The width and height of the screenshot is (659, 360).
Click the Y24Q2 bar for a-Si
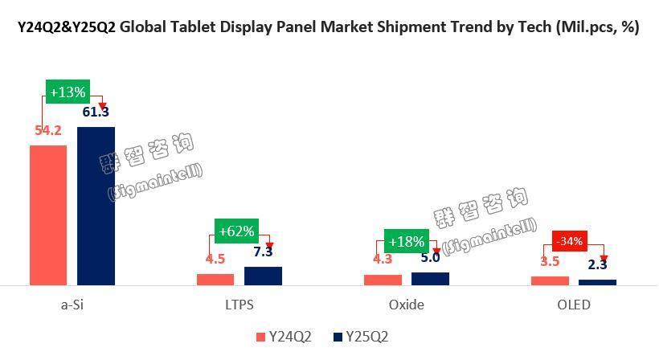48,215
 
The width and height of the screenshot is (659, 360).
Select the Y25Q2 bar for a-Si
96,206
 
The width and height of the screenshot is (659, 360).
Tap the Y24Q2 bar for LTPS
215,279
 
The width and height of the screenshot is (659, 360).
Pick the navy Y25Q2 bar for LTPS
263,276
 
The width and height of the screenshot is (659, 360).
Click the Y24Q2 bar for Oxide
383,280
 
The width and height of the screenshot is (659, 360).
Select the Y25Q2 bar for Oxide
430,278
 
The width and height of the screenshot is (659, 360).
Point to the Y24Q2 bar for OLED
550,280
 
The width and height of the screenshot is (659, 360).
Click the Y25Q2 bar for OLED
597,282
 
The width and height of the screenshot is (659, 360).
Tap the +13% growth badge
68,92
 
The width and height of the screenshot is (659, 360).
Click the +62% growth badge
236,231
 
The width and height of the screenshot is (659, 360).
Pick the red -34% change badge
571,240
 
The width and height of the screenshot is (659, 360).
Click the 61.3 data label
96,112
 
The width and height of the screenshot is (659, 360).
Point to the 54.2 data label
48,130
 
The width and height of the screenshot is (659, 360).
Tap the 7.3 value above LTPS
263,252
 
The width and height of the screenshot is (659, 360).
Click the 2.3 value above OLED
597,264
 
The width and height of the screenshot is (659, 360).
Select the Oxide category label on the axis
406,305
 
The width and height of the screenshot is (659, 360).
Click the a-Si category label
72,305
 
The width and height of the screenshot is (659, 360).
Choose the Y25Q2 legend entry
361,337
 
